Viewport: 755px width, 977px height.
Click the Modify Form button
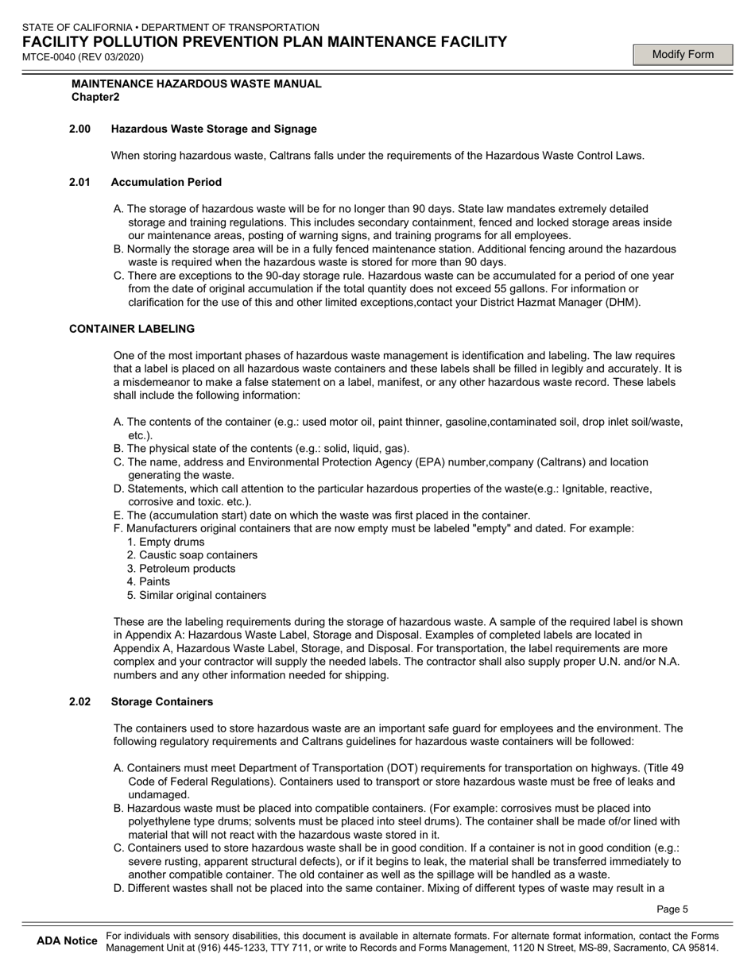coord(683,54)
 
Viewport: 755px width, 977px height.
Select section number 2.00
coord(79,129)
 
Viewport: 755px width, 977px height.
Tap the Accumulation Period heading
coord(166,182)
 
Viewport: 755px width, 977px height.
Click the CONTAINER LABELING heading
coord(132,329)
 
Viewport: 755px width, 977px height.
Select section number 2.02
coord(79,701)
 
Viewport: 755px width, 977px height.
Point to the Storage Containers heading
coord(162,701)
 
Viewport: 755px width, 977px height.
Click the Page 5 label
coord(672,909)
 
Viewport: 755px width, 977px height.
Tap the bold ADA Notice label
coord(67,941)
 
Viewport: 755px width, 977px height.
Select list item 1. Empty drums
coord(165,542)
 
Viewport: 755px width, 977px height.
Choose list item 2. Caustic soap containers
coord(192,555)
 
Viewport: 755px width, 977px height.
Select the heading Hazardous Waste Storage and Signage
coord(214,129)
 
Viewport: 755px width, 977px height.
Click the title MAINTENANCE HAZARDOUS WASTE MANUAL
coord(196,83)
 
